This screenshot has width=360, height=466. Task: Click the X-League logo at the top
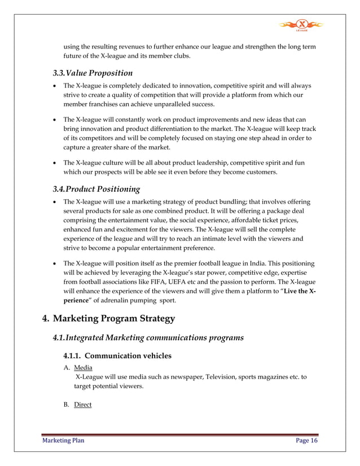(302, 25)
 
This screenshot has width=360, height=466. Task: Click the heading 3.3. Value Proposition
(93, 73)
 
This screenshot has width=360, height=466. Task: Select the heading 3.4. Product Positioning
(96, 189)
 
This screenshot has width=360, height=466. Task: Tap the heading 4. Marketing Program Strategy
(109, 319)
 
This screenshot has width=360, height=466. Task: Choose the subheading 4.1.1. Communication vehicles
(116, 356)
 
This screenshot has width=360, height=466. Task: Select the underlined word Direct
(82, 405)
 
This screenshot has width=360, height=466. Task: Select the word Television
(205, 376)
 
